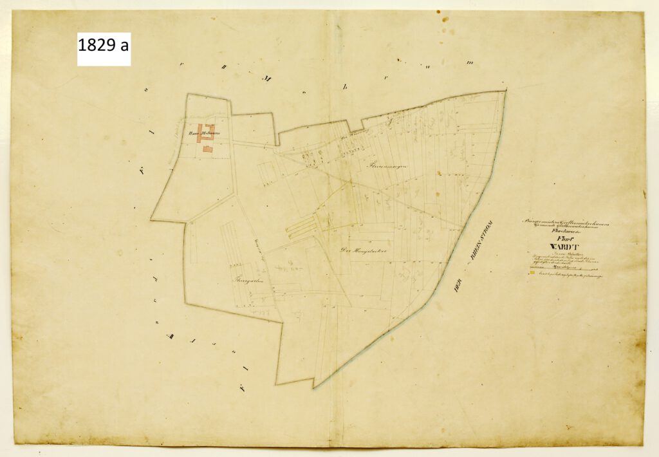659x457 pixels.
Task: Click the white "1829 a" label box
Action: (x=104, y=49)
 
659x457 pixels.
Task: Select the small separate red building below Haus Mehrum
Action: (x=208, y=149)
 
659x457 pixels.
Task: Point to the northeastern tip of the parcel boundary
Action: (x=505, y=91)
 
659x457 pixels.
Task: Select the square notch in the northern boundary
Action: (x=355, y=125)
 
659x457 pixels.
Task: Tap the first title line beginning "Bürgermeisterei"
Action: (x=567, y=223)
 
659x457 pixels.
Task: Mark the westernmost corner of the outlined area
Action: (x=151, y=219)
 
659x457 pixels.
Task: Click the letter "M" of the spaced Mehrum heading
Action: (x=265, y=79)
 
